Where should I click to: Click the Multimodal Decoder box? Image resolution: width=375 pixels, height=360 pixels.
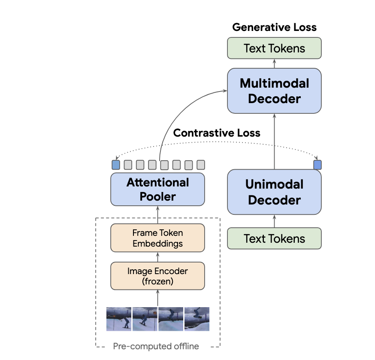point(274,91)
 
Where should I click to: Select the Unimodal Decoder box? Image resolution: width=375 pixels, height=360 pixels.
point(274,192)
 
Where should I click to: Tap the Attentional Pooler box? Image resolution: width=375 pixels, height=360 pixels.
point(157,189)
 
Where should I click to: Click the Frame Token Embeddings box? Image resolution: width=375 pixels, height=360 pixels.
point(157,238)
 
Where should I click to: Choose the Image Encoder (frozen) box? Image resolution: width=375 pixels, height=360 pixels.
point(157,276)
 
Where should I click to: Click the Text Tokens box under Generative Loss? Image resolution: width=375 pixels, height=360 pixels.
point(274,48)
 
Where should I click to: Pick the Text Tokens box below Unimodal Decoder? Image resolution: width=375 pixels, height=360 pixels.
point(274,238)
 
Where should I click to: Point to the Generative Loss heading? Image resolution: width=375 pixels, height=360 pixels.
point(274,27)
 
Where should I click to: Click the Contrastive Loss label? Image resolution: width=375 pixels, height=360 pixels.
point(217,133)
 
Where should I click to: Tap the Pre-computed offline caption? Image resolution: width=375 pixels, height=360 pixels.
point(156,346)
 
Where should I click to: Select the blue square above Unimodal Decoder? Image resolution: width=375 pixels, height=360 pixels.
point(318,165)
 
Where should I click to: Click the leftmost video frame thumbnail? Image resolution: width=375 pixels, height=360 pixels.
point(119,318)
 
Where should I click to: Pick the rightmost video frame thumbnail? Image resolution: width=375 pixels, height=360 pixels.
point(197,318)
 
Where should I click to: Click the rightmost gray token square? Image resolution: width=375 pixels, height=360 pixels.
point(201,165)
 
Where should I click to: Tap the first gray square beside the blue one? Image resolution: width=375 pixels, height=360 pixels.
point(128,165)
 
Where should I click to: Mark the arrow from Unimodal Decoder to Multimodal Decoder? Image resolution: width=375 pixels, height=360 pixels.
point(274,142)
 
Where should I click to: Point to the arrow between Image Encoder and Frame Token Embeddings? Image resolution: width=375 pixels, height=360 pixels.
point(157,257)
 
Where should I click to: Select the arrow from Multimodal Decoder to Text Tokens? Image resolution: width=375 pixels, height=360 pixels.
point(274,64)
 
